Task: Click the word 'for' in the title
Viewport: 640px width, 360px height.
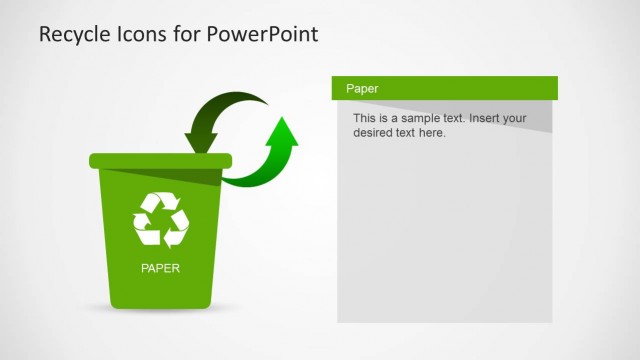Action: [190, 34]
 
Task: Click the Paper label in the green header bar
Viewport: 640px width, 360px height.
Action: [361, 89]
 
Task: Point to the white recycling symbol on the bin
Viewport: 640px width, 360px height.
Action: [161, 219]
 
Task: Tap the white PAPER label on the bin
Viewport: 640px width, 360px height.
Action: [161, 268]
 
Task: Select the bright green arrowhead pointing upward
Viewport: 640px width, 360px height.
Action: [284, 133]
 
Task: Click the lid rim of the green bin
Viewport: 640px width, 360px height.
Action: [160, 160]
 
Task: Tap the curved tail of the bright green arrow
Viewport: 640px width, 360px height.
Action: [255, 176]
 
